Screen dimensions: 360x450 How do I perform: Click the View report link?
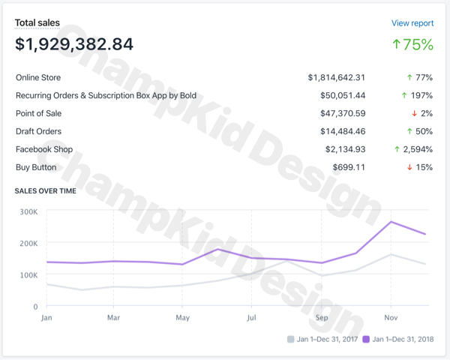pyautogui.click(x=412, y=23)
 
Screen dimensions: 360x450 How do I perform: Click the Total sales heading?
pyautogui.click(x=37, y=23)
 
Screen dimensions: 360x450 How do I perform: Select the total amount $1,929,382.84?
pyautogui.click(x=74, y=44)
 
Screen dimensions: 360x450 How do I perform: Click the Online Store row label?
pyautogui.click(x=38, y=77)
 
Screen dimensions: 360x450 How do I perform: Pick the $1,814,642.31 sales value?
pyautogui.click(x=337, y=77)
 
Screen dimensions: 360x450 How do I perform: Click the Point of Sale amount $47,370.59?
pyautogui.click(x=341, y=113)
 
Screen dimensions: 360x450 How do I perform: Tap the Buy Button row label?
pyautogui.click(x=36, y=167)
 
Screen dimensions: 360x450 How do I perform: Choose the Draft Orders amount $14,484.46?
pyautogui.click(x=341, y=131)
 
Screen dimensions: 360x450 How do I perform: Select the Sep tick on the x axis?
pyautogui.click(x=321, y=317)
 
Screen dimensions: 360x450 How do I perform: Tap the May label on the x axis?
pyautogui.click(x=182, y=317)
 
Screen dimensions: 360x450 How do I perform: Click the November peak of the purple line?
pyautogui.click(x=391, y=221)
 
